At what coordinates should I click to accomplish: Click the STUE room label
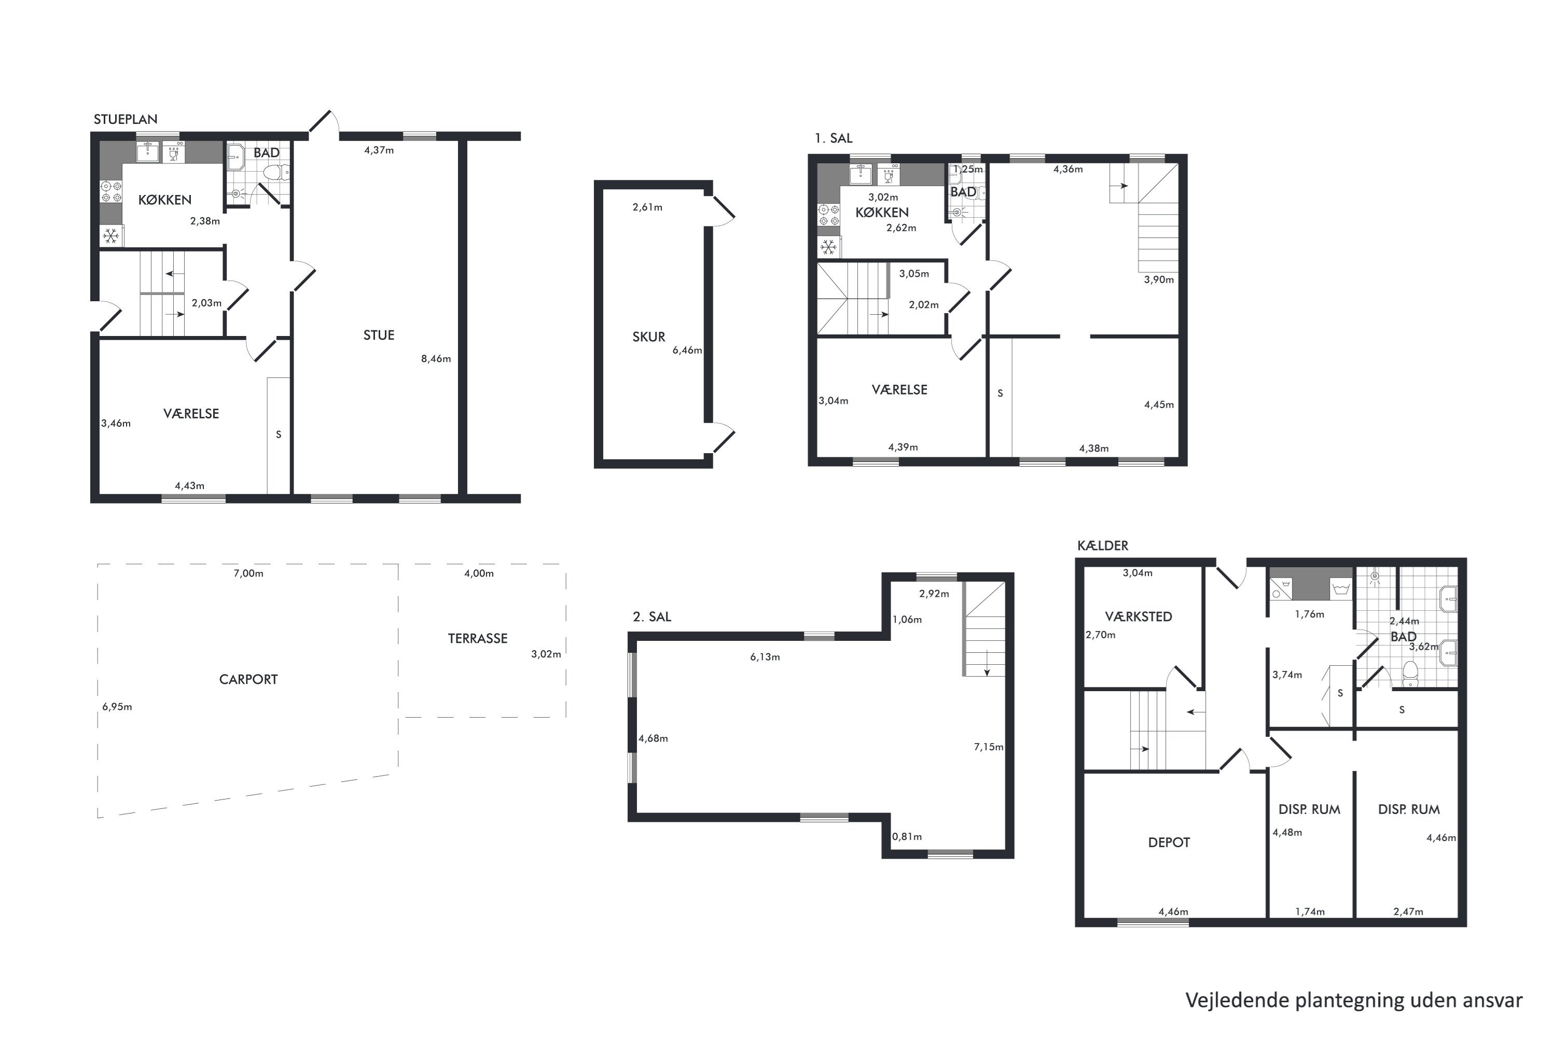point(379,335)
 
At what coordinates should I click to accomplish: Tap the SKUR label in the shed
point(648,337)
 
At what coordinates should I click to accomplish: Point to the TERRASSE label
point(478,638)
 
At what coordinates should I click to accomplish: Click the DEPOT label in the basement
point(1169,843)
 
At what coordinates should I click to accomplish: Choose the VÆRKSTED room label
point(1138,616)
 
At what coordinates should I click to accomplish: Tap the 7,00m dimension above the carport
point(248,573)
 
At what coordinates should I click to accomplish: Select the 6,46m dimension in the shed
point(687,351)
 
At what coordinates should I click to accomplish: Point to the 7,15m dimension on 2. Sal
point(989,747)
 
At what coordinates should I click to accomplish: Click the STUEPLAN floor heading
point(125,120)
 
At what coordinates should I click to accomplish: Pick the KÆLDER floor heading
point(1103,545)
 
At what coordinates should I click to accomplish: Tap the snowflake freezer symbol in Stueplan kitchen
point(111,235)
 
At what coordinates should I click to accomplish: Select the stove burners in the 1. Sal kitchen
point(828,215)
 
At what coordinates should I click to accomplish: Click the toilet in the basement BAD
point(1410,673)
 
